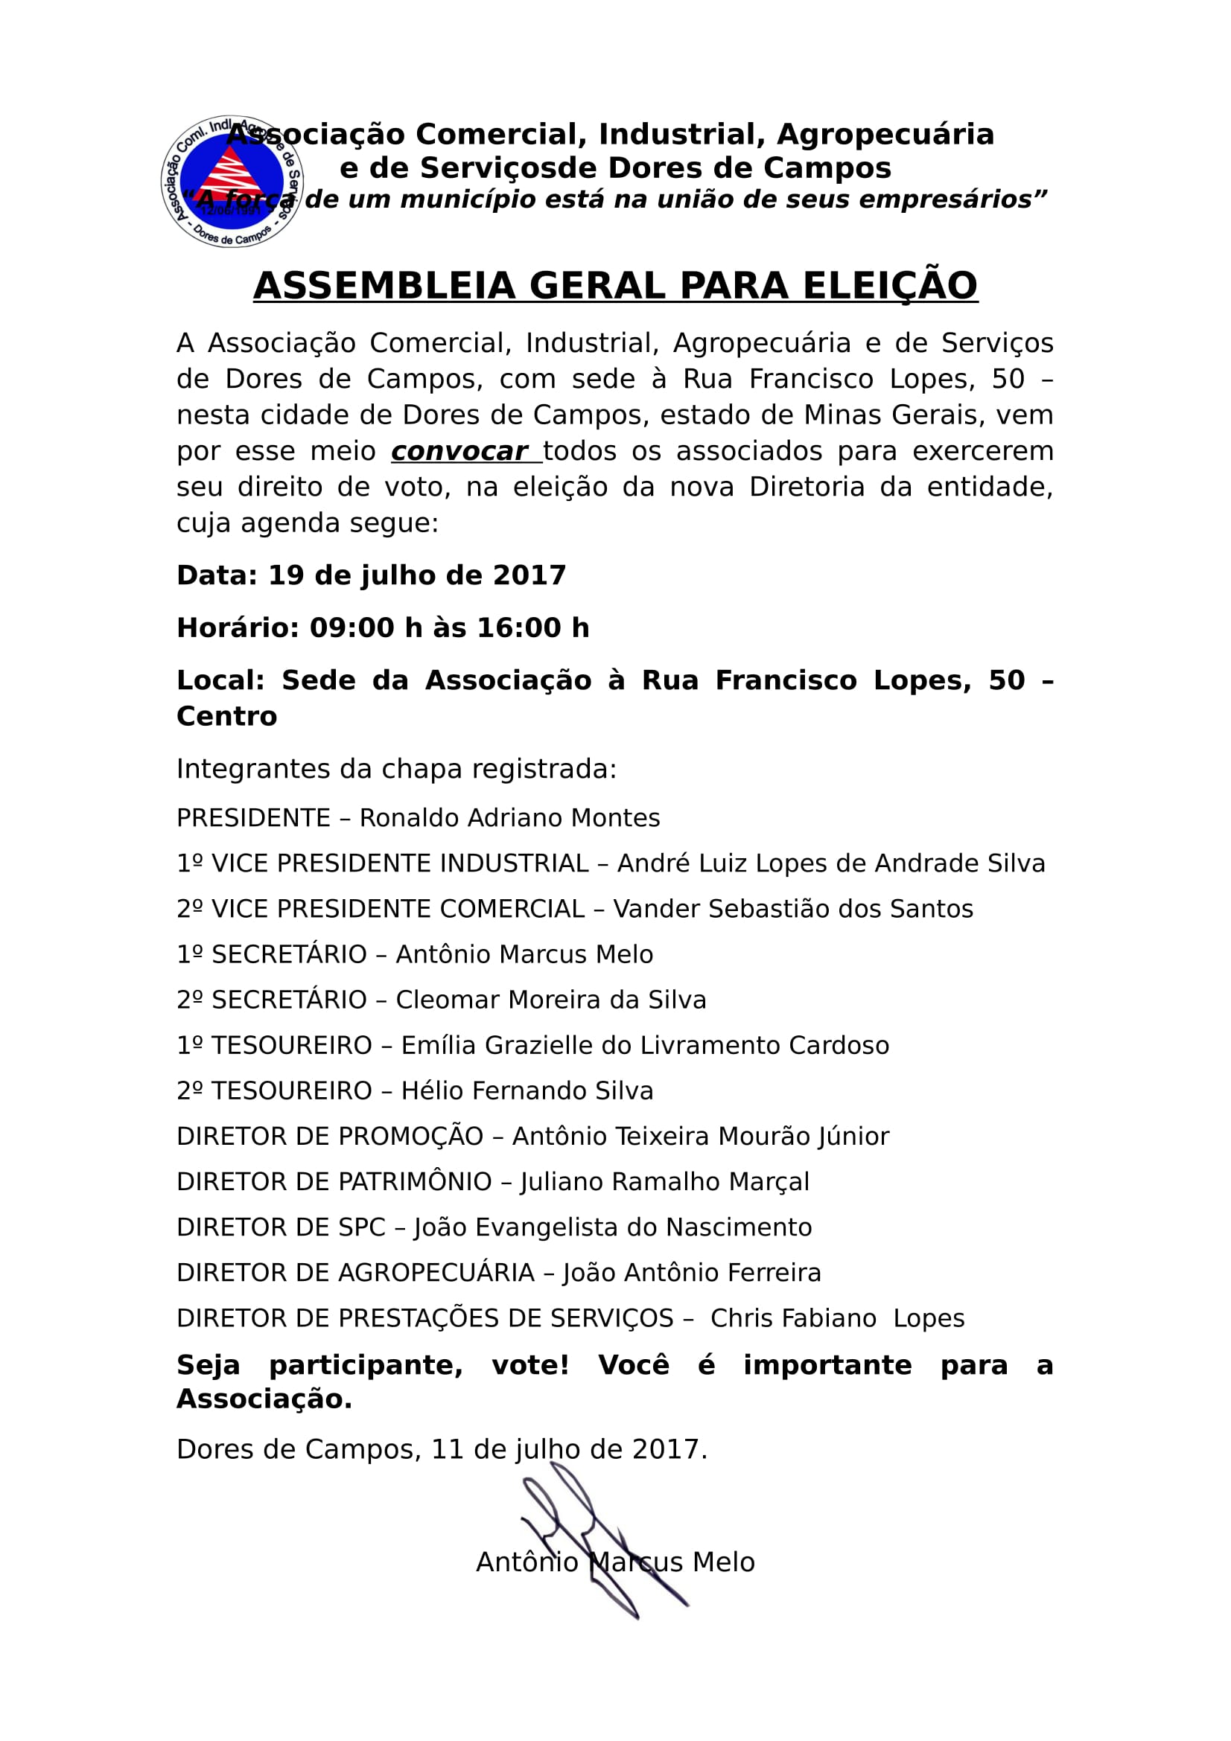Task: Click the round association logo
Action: click(232, 182)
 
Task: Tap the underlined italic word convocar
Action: click(459, 451)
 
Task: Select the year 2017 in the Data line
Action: click(529, 575)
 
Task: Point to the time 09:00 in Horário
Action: click(352, 628)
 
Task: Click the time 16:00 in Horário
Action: click(520, 628)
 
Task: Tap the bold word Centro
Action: click(227, 716)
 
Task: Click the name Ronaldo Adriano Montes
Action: click(509, 818)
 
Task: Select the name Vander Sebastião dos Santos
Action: click(792, 908)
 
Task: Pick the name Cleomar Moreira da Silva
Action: click(550, 1000)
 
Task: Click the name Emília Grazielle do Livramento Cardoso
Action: click(645, 1045)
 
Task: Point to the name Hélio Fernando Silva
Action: click(527, 1090)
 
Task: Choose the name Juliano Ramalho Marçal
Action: click(664, 1181)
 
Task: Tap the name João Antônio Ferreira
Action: click(692, 1272)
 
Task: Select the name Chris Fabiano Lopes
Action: click(837, 1319)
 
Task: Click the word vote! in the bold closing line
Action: click(530, 1365)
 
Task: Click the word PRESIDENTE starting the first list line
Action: click(253, 818)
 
